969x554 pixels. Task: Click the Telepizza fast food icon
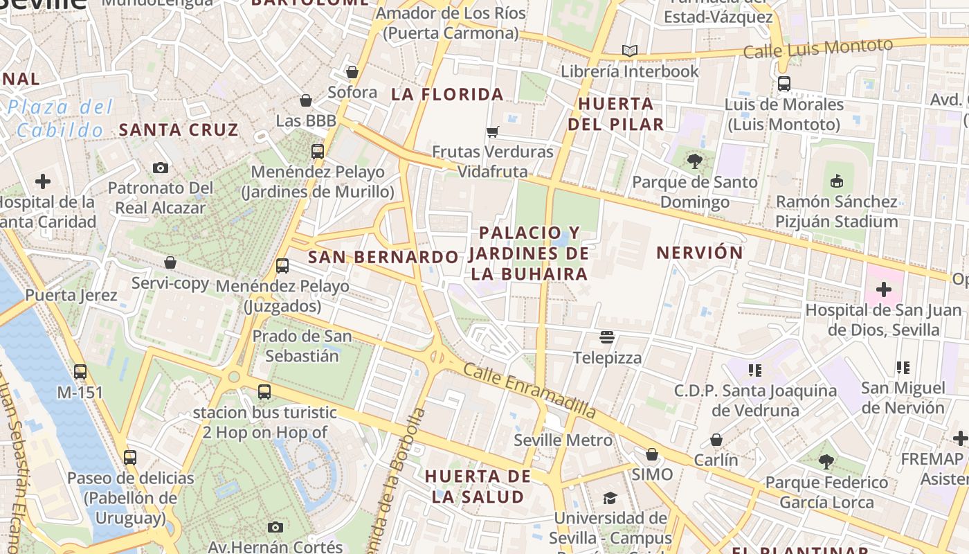point(607,337)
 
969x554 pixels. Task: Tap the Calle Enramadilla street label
point(529,390)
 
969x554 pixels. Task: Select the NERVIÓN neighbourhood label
point(699,253)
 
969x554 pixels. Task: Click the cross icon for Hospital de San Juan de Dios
point(884,289)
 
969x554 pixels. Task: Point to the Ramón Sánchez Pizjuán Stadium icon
point(836,181)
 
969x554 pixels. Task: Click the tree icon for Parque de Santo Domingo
point(694,161)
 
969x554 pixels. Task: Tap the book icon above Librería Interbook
point(629,51)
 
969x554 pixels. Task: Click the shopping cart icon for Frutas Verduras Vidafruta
point(492,132)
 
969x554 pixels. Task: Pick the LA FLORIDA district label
point(447,94)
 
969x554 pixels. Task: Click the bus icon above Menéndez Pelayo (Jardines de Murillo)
point(317,151)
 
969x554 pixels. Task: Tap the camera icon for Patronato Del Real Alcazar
point(160,168)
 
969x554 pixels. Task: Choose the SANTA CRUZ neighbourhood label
point(179,129)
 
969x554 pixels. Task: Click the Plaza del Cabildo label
point(60,118)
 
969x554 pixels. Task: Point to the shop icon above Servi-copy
point(170,262)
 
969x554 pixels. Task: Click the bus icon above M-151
point(80,372)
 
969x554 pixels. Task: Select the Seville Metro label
point(563,440)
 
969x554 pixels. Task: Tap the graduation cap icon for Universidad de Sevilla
point(610,498)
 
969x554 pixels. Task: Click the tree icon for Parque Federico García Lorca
point(826,461)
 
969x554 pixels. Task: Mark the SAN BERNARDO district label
point(383,258)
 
